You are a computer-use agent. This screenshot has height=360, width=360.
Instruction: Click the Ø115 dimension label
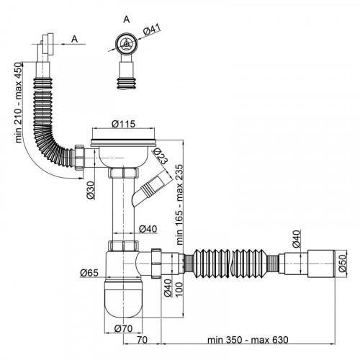pos(123,124)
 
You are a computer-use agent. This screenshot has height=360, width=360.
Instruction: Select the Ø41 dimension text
pos(152,30)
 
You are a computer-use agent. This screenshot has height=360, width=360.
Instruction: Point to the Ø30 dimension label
pos(91,190)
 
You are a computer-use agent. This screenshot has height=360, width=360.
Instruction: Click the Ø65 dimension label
pos(89,273)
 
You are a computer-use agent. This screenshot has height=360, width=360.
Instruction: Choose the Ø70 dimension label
pos(123,328)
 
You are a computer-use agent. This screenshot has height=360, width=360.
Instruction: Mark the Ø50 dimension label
pos(343,264)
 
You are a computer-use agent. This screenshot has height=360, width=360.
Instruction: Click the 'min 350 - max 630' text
pos(248,340)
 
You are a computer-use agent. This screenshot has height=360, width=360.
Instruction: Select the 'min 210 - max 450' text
pos(19,102)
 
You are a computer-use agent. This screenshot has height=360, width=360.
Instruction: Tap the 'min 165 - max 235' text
pos(179,204)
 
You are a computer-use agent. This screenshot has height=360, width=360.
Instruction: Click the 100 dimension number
pos(179,289)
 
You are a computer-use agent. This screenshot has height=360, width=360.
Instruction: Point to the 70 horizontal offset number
pos(142,340)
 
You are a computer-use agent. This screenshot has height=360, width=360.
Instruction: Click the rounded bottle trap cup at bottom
pos(123,297)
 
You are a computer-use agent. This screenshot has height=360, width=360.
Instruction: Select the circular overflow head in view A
pos(126,44)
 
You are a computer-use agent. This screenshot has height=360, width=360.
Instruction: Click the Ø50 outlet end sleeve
pos(321,264)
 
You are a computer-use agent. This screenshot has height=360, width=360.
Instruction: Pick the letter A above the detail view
pos(127,19)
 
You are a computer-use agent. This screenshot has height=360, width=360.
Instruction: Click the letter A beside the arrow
pos(75,39)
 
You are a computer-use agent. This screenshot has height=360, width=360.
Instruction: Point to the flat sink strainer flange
pos(123,143)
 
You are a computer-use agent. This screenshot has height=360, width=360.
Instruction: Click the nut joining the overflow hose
pos(79,158)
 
